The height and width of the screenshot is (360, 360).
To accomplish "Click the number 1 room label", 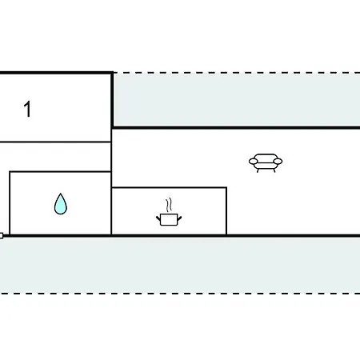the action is click(x=28, y=109).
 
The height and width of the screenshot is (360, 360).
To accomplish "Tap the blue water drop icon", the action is click(x=61, y=204).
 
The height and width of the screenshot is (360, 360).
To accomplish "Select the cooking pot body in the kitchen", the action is click(x=169, y=219).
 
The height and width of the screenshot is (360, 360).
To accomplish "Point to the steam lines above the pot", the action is click(x=169, y=205).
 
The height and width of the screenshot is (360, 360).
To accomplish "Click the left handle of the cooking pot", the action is click(x=158, y=219).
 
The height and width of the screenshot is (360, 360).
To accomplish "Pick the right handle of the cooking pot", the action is click(x=179, y=218).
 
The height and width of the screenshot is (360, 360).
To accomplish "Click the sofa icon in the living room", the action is click(x=266, y=162).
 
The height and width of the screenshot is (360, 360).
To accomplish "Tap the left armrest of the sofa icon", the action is click(x=254, y=161).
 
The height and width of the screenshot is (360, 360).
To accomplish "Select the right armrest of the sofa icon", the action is click(x=278, y=161).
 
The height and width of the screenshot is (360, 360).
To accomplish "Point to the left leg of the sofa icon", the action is click(x=258, y=170).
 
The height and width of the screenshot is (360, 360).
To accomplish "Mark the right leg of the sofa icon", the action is click(x=274, y=170).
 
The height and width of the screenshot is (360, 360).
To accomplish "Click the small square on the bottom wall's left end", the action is click(x=2, y=236).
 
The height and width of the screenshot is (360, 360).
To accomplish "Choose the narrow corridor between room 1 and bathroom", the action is click(x=55, y=157).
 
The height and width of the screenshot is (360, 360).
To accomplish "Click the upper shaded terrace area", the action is click(x=237, y=100).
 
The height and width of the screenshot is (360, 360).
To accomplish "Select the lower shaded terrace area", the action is click(x=180, y=265).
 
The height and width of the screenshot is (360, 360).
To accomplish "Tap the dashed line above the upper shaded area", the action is click(x=237, y=73).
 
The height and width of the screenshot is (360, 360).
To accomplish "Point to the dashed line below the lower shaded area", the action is click(x=180, y=294).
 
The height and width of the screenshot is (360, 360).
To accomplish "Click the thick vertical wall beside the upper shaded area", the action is click(x=112, y=100).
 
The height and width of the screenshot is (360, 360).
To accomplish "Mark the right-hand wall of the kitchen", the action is click(x=226, y=211).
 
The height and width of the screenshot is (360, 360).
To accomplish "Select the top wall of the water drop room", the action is click(x=60, y=172).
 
